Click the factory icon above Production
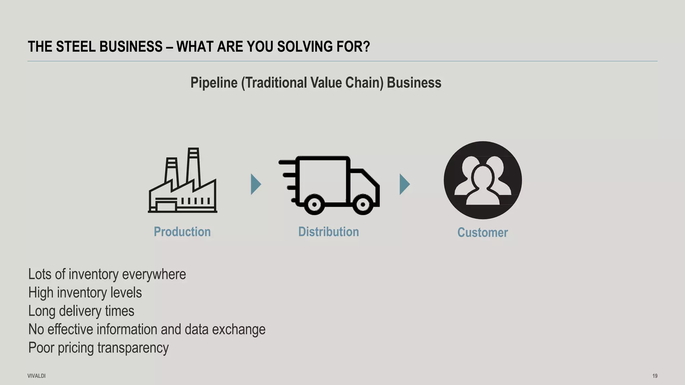coord(183,180)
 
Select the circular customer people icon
coord(483,180)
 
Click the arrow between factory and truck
coord(256,184)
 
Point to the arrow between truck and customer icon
coord(404,184)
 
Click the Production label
coord(182,232)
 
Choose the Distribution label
coord(328,232)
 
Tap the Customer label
coord(482,233)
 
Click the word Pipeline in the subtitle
coord(214,83)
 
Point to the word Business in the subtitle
coord(414,83)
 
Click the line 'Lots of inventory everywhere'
coord(107,274)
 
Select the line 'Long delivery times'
coord(81,311)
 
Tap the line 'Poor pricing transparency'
coord(98,348)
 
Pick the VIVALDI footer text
coord(36,376)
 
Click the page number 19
coord(655,376)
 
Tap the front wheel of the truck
coord(363,204)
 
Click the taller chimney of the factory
coord(194,167)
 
